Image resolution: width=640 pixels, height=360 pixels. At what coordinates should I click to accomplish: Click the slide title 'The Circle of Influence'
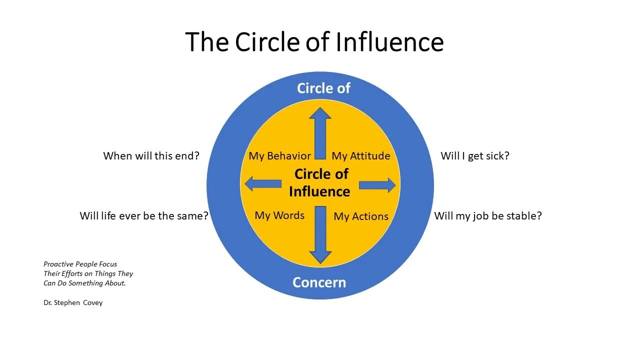point(314,42)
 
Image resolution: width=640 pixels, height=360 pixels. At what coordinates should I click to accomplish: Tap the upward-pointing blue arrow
point(320,132)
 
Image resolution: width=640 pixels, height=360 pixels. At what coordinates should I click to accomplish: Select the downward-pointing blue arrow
point(320,235)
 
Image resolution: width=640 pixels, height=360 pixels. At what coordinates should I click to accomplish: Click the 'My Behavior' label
point(279,156)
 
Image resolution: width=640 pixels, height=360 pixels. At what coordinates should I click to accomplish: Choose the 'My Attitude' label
point(360,156)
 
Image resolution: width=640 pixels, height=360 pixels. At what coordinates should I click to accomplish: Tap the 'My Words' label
point(279,215)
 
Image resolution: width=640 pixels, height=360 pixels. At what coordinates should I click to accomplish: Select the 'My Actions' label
point(360,216)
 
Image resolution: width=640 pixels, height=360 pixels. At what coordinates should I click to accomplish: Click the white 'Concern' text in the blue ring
point(319,282)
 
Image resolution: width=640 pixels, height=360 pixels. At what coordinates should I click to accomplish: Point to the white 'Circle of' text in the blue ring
point(323,88)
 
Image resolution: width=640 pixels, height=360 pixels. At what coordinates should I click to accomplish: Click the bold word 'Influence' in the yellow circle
point(319,191)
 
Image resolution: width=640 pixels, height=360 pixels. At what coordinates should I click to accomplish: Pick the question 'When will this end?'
point(151,156)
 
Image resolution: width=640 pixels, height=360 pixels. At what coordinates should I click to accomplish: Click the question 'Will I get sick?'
point(474,156)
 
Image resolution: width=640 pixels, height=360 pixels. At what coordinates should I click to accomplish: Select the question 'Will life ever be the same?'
point(144,216)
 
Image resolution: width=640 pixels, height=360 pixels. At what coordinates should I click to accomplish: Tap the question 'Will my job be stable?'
point(487,216)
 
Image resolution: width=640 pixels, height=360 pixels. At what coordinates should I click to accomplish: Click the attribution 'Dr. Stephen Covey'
point(73,302)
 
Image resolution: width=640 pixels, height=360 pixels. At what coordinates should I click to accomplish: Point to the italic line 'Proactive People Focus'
point(80,264)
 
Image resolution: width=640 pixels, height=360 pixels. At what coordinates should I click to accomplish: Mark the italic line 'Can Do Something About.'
point(84,283)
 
